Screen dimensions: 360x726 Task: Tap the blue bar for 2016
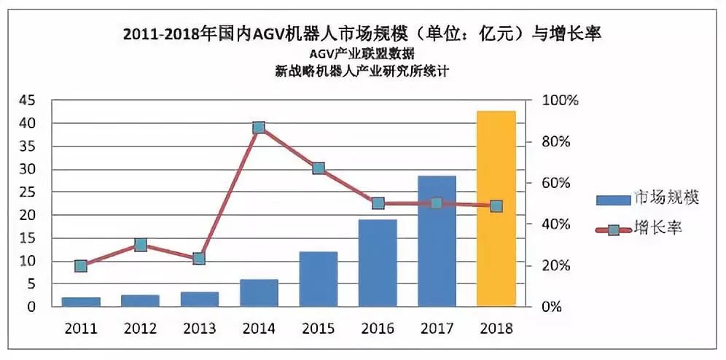(x=377, y=263)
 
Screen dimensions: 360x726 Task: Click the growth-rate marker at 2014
(x=259, y=128)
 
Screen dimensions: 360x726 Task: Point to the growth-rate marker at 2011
(x=81, y=266)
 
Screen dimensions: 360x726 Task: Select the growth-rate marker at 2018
(x=496, y=206)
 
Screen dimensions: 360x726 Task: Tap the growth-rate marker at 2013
(x=200, y=259)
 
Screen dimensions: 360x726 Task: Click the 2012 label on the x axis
(x=140, y=329)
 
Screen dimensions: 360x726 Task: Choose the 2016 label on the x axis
(x=377, y=329)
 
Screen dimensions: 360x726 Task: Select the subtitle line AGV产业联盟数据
(x=362, y=54)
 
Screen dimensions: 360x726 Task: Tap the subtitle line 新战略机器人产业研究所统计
(x=362, y=71)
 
